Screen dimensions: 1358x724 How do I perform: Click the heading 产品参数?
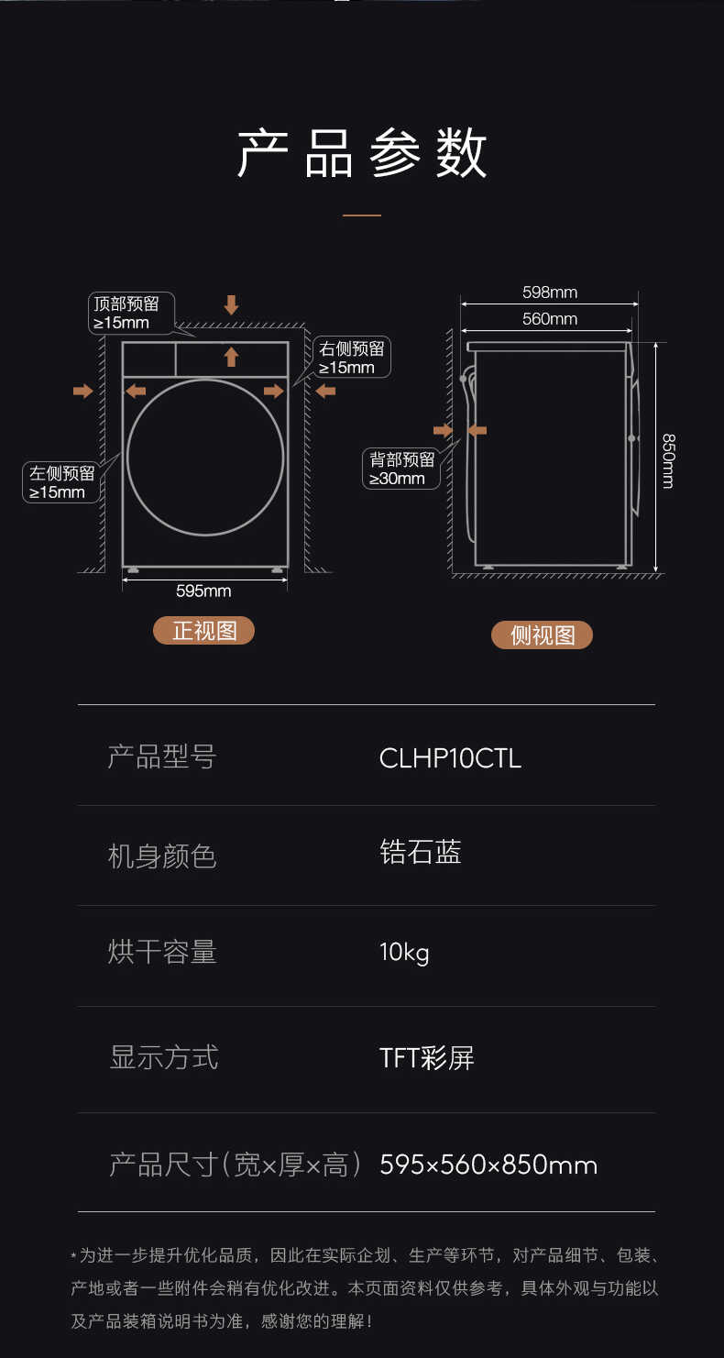[362, 153]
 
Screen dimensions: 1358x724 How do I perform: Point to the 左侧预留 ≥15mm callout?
[61, 482]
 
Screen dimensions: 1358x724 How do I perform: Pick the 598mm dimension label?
[550, 293]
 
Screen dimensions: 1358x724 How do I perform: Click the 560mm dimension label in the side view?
[550, 319]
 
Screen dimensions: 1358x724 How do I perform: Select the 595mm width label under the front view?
[203, 591]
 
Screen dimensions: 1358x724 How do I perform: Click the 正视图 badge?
[203, 631]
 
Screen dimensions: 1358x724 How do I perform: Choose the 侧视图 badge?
[542, 635]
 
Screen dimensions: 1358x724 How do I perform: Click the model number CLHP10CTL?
[450, 758]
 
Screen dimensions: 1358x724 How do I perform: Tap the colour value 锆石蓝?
[421, 853]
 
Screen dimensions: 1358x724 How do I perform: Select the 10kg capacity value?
[404, 953]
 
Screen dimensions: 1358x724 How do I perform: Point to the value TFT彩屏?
[426, 1058]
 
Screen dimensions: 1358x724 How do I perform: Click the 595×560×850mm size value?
[488, 1165]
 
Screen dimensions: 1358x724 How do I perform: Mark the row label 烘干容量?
[162, 953]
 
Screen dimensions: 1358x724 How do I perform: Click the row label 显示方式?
[163, 1057]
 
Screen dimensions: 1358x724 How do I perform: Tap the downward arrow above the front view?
[231, 305]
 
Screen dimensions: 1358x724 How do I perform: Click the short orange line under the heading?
[362, 215]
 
